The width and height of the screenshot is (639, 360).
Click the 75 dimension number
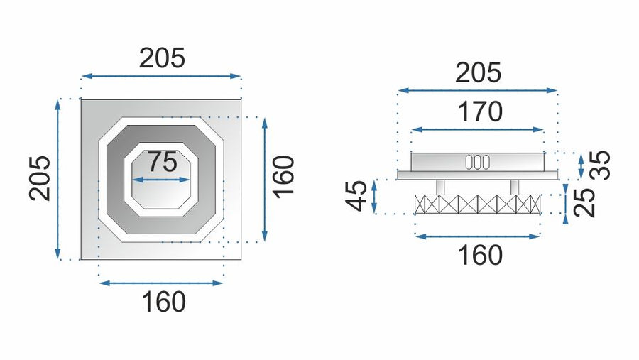(162, 162)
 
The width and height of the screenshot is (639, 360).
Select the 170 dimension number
(480, 111)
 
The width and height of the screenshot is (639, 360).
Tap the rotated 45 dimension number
(356, 196)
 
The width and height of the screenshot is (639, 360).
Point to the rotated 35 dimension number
(600, 165)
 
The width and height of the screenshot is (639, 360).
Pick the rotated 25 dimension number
(584, 202)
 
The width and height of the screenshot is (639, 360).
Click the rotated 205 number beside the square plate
(40, 178)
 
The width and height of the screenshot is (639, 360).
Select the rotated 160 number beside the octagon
(283, 177)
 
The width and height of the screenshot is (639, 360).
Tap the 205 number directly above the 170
(478, 72)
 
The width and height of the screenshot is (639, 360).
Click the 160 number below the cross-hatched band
(480, 255)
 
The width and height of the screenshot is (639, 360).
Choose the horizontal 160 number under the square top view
(163, 302)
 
